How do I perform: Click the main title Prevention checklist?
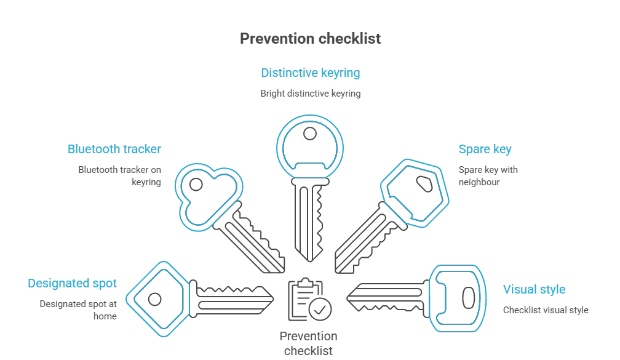point(311,38)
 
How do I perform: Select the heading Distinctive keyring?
point(311,73)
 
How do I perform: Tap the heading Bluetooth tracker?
point(114,149)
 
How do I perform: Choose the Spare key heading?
point(485,149)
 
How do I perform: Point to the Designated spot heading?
point(72,283)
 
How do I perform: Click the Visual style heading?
point(534,289)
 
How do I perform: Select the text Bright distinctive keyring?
point(311,94)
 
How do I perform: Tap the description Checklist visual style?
point(546,310)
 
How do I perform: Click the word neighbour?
point(479,182)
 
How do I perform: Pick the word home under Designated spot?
point(105,316)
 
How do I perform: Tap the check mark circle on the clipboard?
point(320,309)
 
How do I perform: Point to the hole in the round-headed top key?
point(310,134)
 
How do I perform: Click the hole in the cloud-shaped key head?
point(196,185)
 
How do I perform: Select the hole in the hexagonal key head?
point(424,184)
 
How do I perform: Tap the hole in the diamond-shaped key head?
point(154,299)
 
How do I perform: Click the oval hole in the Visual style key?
point(469,298)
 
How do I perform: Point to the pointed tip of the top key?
point(310,261)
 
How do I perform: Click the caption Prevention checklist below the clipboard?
point(308,343)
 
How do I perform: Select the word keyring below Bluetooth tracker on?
point(146,182)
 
